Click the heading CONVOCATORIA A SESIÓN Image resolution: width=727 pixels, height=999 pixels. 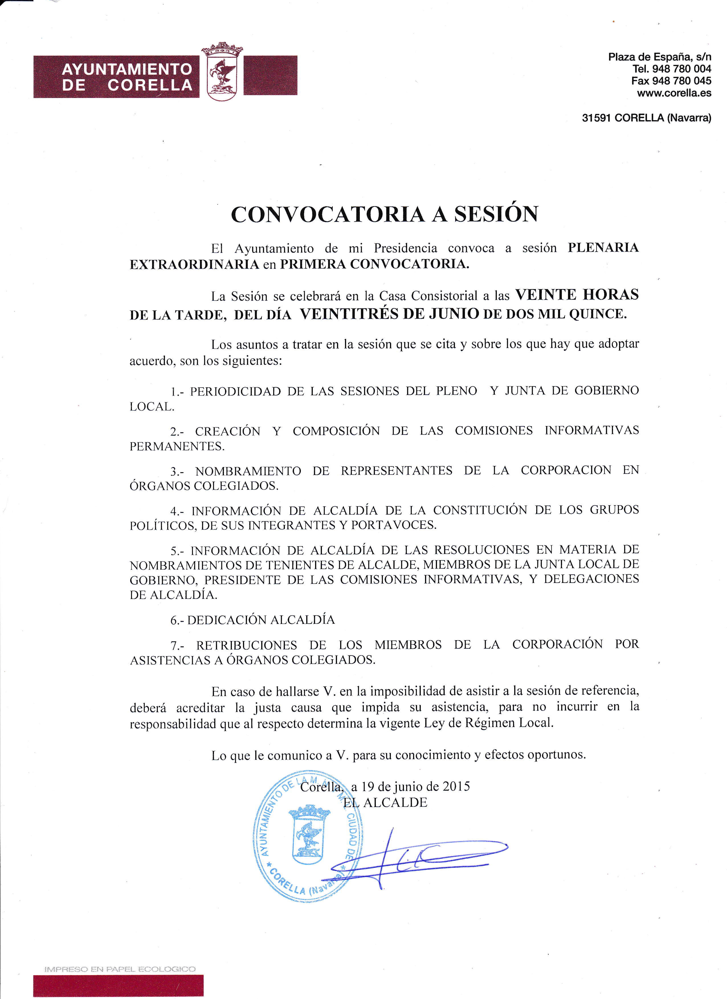(x=384, y=214)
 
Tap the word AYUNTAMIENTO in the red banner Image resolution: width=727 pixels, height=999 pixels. (x=127, y=69)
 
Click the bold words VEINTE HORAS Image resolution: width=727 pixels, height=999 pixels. (x=577, y=294)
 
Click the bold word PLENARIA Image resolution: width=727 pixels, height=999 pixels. (x=603, y=248)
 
